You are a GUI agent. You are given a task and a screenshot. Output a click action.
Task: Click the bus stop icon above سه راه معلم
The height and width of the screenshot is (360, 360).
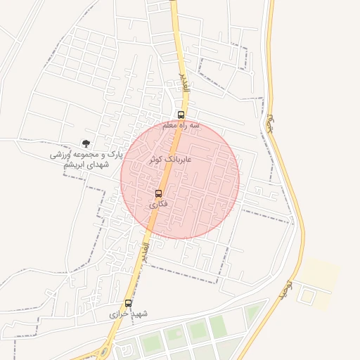181,115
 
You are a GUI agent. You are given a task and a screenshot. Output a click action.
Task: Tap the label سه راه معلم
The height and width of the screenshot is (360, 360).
181,125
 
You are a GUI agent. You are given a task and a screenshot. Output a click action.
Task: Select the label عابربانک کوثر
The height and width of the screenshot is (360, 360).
169,160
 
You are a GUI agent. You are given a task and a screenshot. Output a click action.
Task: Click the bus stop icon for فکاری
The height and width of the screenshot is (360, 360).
158,193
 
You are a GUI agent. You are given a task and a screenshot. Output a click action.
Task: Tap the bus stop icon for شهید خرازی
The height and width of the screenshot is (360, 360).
128,302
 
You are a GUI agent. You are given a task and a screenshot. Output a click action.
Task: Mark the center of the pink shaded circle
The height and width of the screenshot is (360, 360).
180,179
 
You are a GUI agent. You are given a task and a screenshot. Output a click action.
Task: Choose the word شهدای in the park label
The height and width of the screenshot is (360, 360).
96,164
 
